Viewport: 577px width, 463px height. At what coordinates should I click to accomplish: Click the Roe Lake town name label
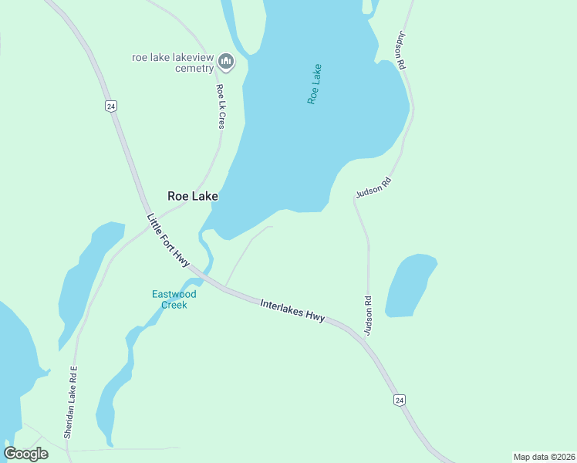coord(193,196)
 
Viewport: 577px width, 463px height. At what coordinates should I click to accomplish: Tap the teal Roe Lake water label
coord(314,84)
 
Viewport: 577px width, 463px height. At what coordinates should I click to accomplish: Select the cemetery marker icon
coord(226,60)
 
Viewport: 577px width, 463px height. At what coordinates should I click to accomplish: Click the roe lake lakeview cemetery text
coord(173,63)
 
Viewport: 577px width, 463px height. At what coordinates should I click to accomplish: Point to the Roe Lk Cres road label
coord(221,106)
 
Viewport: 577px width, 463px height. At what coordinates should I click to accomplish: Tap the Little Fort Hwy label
coord(168,240)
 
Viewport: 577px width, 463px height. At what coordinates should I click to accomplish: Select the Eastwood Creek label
coord(174,299)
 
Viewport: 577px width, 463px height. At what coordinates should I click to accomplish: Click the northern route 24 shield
coord(112,106)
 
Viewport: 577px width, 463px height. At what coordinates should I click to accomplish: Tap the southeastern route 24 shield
coord(399,400)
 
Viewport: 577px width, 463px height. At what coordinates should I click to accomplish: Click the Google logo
coord(26,453)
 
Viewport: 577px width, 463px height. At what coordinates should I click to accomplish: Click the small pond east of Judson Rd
coord(409,286)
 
